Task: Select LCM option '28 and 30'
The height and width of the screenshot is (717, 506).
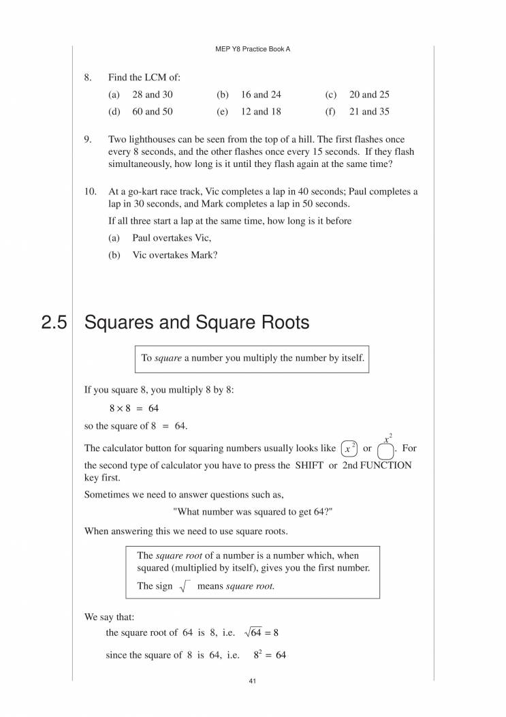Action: click(x=152, y=95)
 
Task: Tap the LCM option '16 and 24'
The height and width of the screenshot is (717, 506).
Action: click(x=261, y=95)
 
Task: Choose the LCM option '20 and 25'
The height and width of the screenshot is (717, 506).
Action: click(x=369, y=95)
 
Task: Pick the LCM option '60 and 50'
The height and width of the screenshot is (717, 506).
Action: click(x=152, y=112)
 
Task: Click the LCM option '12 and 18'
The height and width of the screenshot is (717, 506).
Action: click(x=261, y=112)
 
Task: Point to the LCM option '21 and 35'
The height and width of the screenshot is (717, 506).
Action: click(x=369, y=112)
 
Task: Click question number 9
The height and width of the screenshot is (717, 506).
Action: click(x=88, y=140)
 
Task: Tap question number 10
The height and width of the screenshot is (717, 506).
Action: click(x=90, y=192)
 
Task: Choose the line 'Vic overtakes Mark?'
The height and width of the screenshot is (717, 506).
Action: click(x=174, y=256)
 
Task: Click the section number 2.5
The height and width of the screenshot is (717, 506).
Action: click(x=54, y=323)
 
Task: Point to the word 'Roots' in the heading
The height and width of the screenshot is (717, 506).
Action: click(x=280, y=323)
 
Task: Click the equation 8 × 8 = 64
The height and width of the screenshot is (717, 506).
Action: click(x=133, y=408)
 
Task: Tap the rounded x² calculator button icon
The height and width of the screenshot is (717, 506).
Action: click(x=348, y=448)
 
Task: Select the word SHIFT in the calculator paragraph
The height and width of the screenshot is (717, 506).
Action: click(x=310, y=465)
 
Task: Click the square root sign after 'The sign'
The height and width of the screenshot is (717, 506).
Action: click(x=183, y=586)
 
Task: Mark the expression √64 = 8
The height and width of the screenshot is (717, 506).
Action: click(x=260, y=632)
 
